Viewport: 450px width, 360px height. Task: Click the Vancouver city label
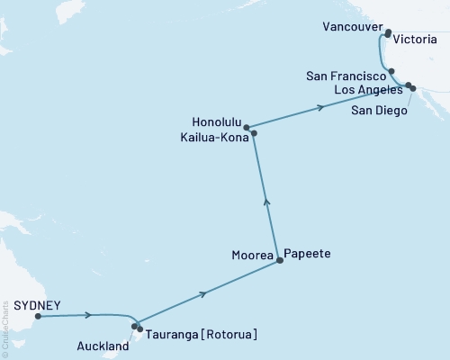click(x=352, y=29)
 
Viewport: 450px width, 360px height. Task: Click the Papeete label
click(x=307, y=255)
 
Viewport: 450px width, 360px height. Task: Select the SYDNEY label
click(x=23, y=305)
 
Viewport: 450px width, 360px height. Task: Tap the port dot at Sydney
click(x=38, y=316)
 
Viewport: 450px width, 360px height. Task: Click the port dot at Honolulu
click(x=246, y=128)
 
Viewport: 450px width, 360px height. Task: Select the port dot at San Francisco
click(x=391, y=70)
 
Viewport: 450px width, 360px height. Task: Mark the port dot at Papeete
click(x=280, y=261)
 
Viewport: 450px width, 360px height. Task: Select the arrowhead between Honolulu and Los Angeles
click(x=320, y=109)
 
